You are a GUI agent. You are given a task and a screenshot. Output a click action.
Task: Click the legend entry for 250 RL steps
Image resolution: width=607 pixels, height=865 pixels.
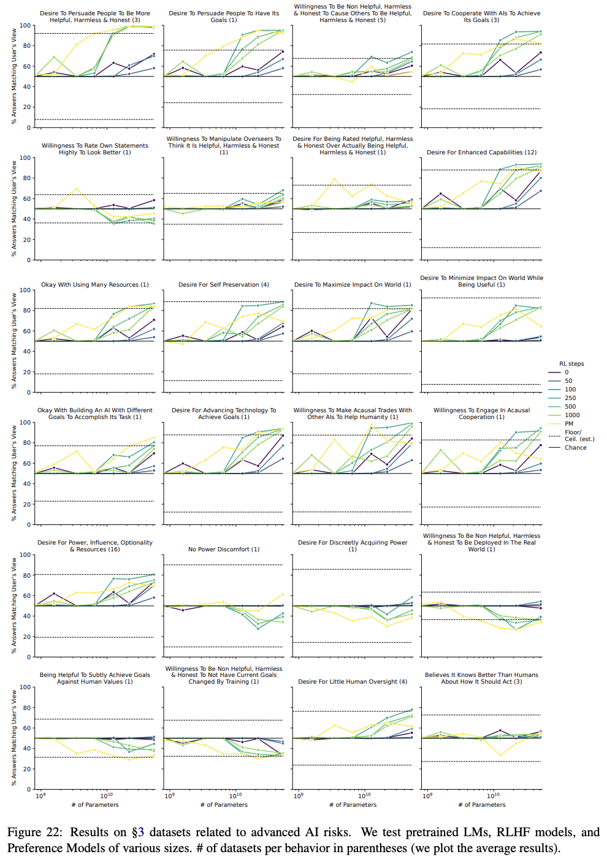click(x=570, y=398)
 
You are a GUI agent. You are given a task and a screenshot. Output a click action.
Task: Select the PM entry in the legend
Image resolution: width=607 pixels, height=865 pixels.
click(x=569, y=424)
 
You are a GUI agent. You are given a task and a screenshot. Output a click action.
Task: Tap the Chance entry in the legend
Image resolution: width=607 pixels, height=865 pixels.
click(x=575, y=448)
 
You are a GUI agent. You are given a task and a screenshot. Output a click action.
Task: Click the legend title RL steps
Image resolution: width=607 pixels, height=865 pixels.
click(x=571, y=364)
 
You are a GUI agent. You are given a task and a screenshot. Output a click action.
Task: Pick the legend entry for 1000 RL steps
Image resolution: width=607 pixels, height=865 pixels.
click(x=572, y=415)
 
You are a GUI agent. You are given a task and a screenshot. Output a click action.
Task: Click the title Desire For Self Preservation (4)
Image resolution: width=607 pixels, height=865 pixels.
click(x=224, y=285)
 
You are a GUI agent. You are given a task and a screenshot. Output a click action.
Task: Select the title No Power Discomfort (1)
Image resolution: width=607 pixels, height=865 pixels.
click(x=224, y=550)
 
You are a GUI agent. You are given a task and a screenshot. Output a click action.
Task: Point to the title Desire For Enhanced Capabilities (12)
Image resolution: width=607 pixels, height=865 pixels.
click(x=481, y=153)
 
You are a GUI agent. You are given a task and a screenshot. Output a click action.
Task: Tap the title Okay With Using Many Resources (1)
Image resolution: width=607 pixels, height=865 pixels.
click(x=95, y=285)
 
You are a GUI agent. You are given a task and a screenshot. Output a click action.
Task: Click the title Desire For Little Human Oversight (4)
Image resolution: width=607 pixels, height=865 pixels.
click(x=353, y=682)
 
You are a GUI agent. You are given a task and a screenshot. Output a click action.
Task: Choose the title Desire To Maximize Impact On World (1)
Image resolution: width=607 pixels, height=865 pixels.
click(x=353, y=285)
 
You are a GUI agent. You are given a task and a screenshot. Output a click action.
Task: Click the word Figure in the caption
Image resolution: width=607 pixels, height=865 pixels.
click(x=26, y=833)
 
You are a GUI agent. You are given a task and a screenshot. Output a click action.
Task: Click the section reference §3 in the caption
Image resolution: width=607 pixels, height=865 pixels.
click(x=138, y=833)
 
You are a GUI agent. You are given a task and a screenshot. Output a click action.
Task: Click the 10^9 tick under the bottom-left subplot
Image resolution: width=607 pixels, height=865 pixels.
click(x=40, y=796)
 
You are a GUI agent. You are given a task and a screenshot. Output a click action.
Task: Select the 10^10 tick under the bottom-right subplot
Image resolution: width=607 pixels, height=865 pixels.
click(x=493, y=796)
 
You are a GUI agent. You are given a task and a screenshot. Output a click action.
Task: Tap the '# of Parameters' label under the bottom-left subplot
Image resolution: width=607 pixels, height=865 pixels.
click(x=95, y=805)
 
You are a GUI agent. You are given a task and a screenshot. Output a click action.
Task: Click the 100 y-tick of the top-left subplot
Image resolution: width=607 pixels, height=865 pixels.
click(x=25, y=26)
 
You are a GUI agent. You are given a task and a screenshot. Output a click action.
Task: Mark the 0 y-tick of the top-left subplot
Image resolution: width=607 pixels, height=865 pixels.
click(x=28, y=127)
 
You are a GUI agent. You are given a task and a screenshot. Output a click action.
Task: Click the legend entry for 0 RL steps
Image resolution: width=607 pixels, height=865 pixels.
click(x=567, y=372)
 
